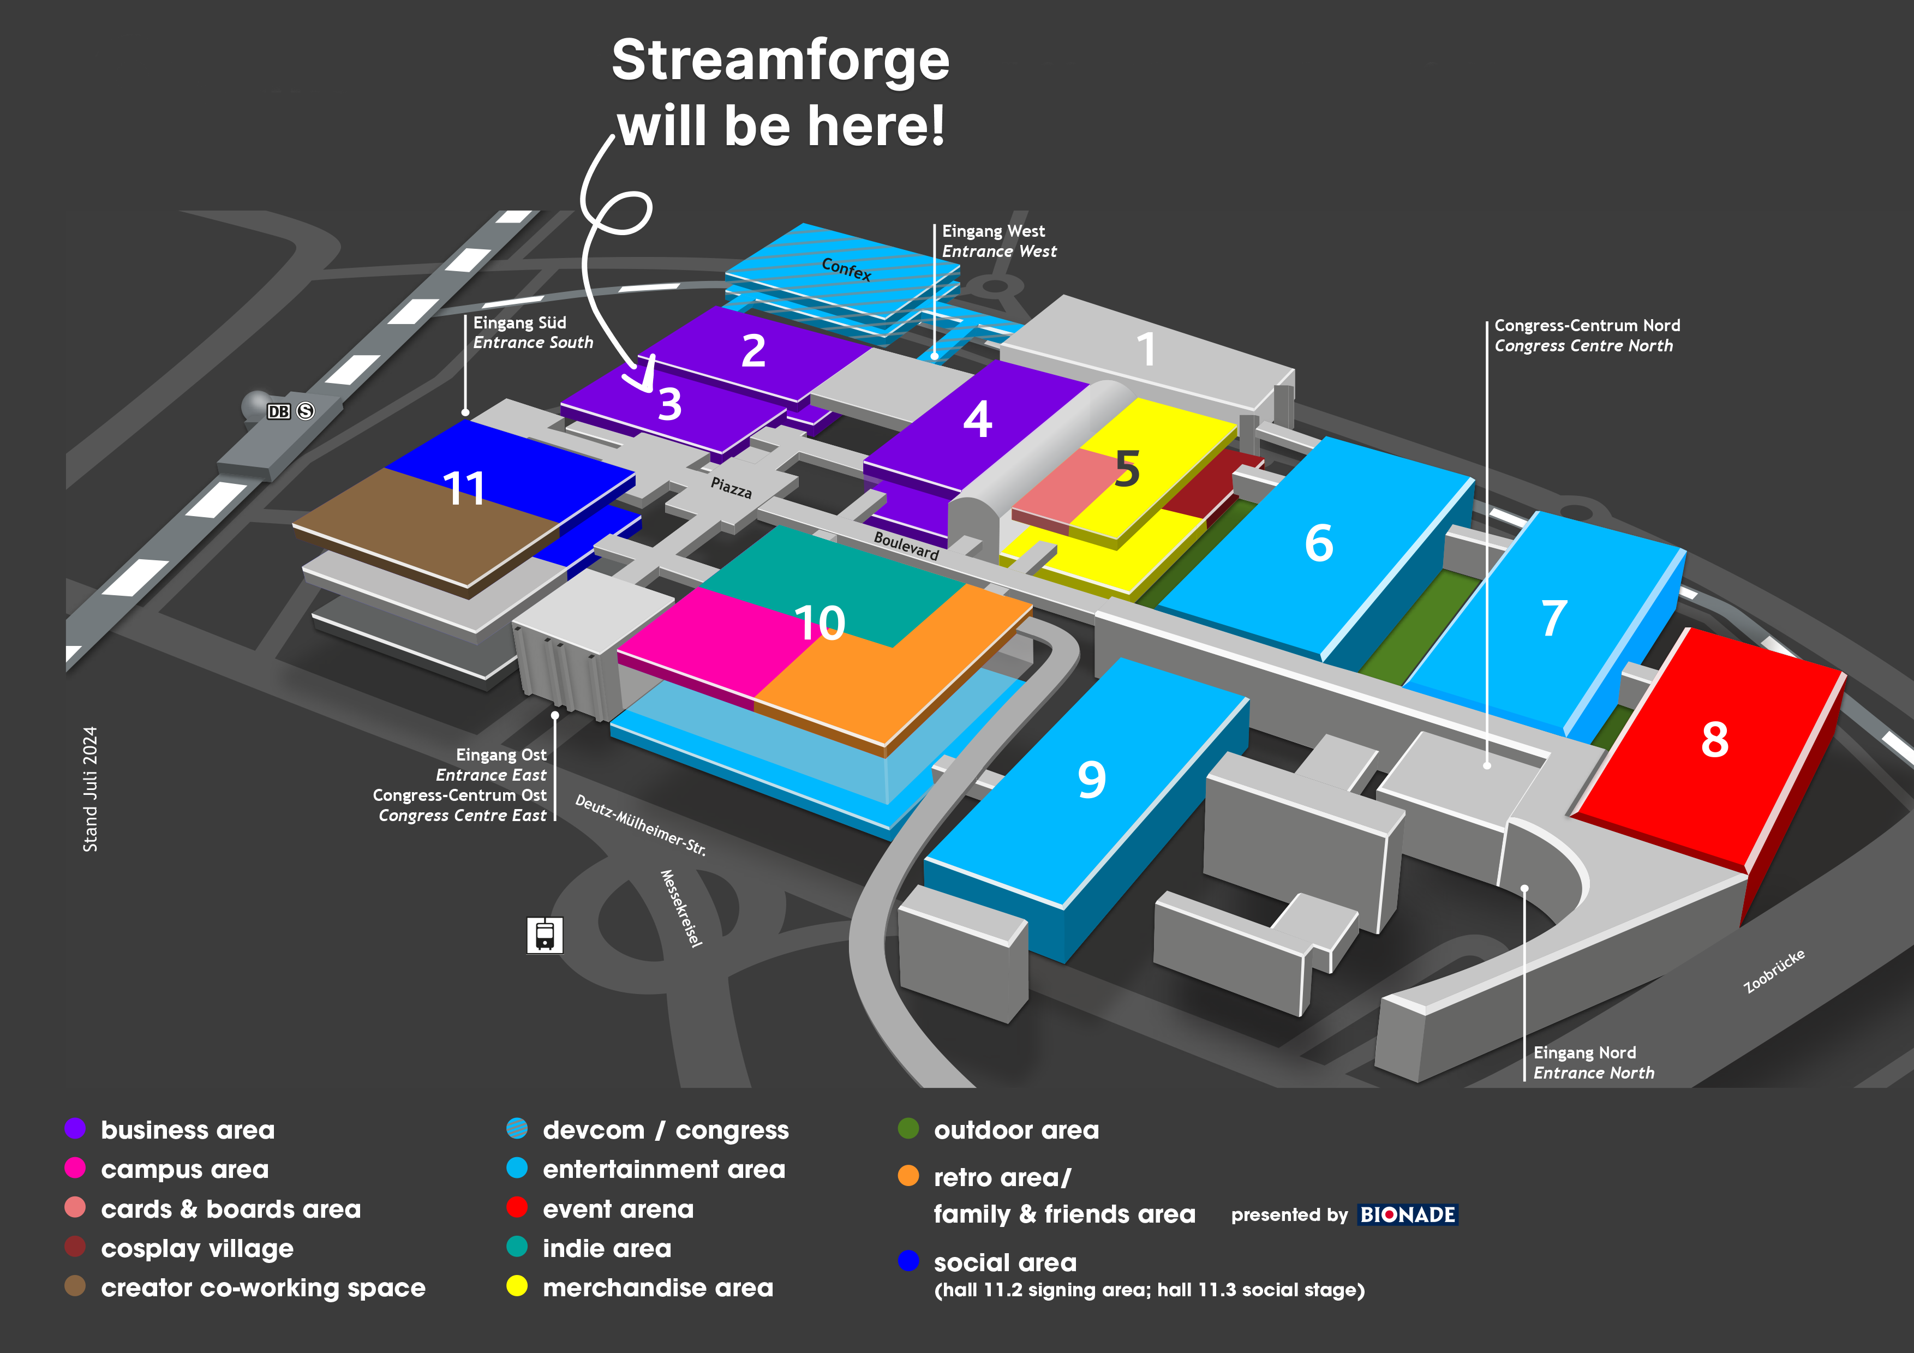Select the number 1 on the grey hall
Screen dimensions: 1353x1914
tap(1146, 349)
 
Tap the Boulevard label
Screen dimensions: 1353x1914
tap(906, 546)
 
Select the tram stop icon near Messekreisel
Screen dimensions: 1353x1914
tap(545, 935)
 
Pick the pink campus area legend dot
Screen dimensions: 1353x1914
tap(75, 1168)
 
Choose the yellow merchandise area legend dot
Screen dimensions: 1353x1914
tap(517, 1286)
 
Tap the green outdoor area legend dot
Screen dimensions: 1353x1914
tap(908, 1129)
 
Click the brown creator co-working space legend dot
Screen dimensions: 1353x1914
tap(75, 1286)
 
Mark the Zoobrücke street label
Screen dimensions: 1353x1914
tap(1774, 971)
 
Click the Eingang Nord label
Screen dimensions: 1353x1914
tap(1584, 1053)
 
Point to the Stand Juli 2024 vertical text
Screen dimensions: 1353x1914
tap(90, 789)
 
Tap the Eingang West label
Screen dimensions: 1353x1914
tap(993, 231)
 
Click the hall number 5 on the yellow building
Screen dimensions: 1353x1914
tap(1127, 469)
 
